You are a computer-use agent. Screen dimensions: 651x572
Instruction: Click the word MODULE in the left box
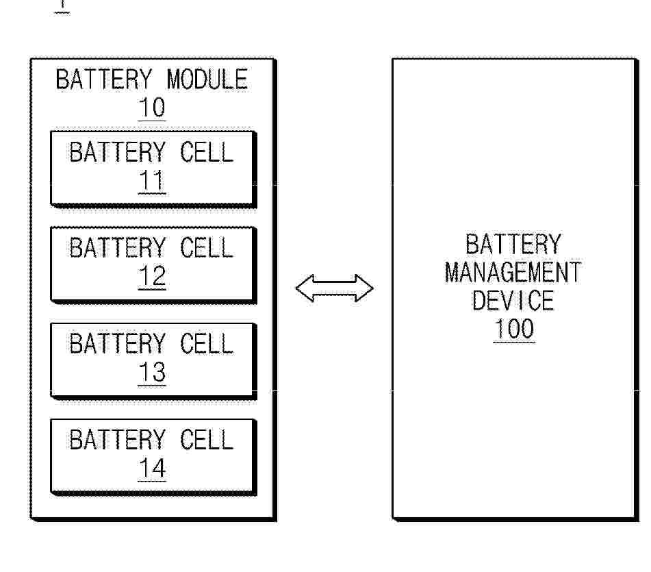(x=207, y=79)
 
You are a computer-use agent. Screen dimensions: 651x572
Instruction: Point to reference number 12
(x=152, y=277)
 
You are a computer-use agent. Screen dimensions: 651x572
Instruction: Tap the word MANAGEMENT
(x=513, y=273)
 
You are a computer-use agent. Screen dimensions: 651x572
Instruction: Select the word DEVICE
(x=513, y=301)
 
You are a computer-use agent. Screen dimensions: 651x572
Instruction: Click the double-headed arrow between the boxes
(x=334, y=288)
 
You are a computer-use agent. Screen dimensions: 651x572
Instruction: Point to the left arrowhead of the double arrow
(x=305, y=288)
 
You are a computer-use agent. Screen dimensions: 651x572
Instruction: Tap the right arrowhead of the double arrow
(x=364, y=288)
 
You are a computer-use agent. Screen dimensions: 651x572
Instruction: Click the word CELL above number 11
(x=206, y=153)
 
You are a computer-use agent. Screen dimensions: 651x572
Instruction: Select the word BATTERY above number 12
(x=118, y=248)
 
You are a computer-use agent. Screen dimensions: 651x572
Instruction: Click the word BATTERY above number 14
(x=118, y=440)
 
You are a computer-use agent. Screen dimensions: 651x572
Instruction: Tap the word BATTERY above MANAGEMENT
(x=513, y=245)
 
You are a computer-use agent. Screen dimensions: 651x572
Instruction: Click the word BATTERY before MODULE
(x=104, y=79)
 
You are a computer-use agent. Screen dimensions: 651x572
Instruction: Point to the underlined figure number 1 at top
(x=62, y=5)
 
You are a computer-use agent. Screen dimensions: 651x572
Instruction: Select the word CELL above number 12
(x=206, y=248)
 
